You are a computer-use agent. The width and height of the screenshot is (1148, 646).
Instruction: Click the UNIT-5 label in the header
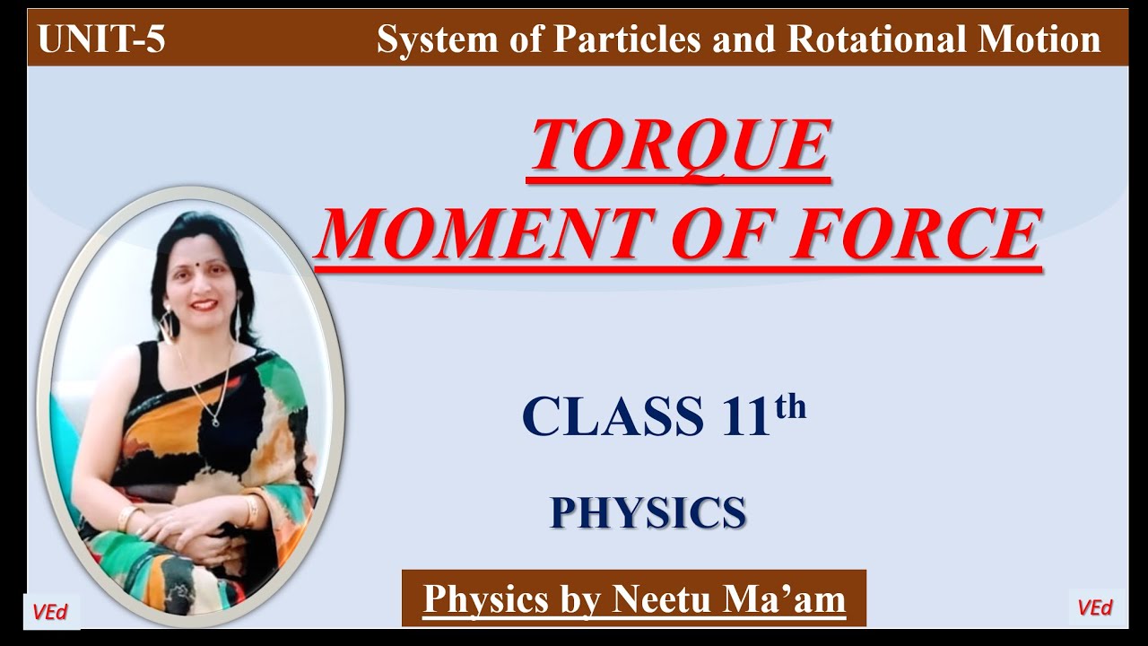[101, 40]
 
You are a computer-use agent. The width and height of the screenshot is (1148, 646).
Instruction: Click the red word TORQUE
[679, 146]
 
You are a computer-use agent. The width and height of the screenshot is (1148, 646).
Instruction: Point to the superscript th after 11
[790, 408]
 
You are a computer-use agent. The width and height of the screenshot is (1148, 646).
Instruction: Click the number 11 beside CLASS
[743, 416]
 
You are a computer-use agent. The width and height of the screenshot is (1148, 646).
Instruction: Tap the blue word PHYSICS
[648, 512]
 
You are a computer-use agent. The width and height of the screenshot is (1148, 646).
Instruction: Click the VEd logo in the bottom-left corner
[51, 611]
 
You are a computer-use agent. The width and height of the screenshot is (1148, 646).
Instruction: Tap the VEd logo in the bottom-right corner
[1095, 607]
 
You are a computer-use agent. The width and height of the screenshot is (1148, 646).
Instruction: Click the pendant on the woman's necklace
[214, 419]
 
